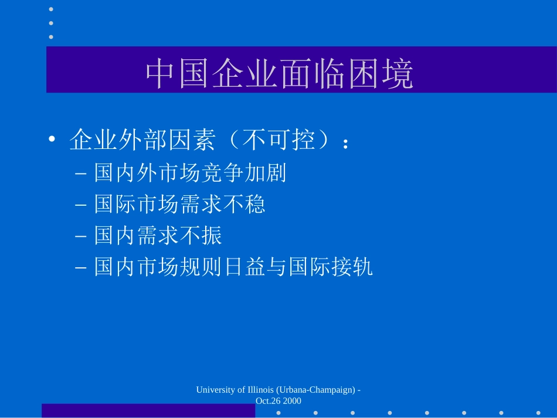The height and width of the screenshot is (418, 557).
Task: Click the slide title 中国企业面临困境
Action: click(x=279, y=73)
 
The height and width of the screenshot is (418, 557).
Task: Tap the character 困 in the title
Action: click(x=362, y=73)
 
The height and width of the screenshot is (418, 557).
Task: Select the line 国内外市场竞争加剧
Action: click(x=190, y=173)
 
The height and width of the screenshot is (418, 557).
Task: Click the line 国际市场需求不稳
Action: click(x=179, y=204)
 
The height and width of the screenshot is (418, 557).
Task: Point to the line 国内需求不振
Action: click(x=158, y=236)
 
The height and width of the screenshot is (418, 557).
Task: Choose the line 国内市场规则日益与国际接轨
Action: click(x=233, y=267)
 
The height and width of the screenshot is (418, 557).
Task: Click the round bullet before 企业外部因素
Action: click(x=52, y=139)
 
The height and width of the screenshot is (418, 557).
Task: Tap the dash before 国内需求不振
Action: click(x=81, y=236)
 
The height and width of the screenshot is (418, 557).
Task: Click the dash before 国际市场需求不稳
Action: click(x=81, y=205)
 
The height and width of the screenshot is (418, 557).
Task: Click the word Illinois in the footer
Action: click(x=260, y=390)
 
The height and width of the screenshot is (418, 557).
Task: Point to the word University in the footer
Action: click(x=216, y=390)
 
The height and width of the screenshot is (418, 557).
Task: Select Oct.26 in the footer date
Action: click(x=268, y=401)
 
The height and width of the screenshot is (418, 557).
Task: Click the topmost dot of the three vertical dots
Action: click(x=51, y=9)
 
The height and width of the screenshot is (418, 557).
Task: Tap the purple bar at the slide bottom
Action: click(x=148, y=410)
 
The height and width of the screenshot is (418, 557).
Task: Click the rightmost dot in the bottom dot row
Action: click(x=538, y=413)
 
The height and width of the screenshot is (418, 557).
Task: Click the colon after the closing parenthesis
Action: click(x=345, y=144)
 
